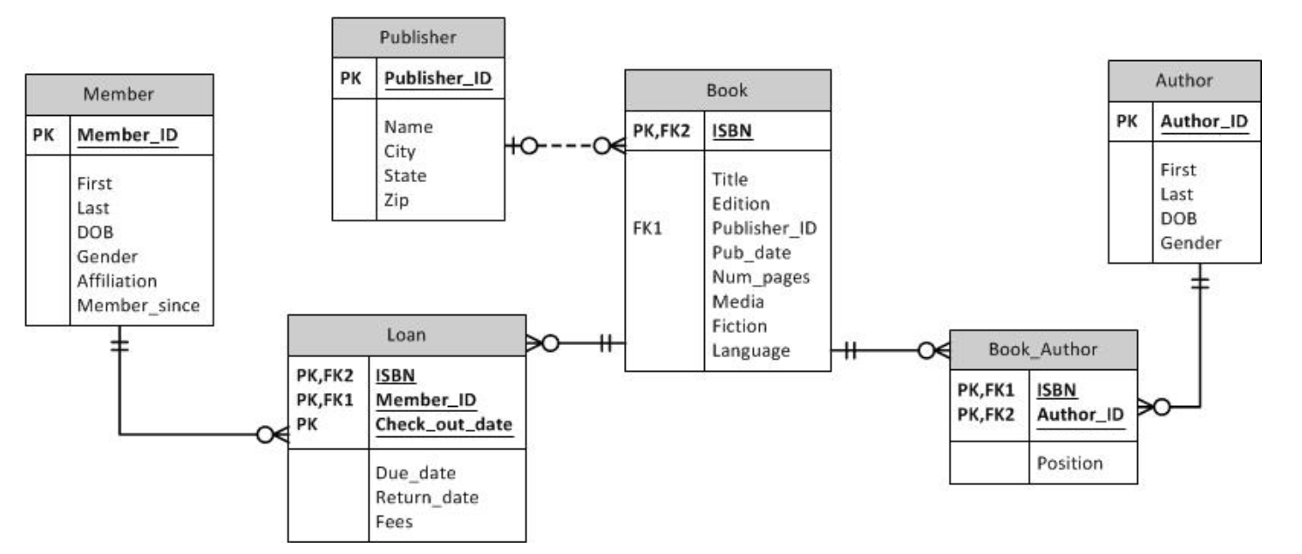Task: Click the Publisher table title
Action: click(x=417, y=37)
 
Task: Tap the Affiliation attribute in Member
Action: click(x=117, y=280)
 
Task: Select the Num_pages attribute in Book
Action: click(x=761, y=277)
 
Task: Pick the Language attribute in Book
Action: click(x=750, y=350)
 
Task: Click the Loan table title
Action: click(x=406, y=334)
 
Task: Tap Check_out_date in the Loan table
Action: click(x=444, y=424)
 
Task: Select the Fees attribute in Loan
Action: click(x=394, y=522)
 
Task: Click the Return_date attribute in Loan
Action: click(x=427, y=497)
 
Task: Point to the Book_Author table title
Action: click(x=1042, y=349)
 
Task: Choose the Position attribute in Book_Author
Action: click(x=1069, y=463)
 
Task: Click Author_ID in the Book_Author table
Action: click(x=1079, y=414)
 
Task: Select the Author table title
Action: click(x=1183, y=80)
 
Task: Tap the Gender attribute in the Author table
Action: click(x=1190, y=242)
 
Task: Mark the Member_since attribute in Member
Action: click(x=138, y=305)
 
